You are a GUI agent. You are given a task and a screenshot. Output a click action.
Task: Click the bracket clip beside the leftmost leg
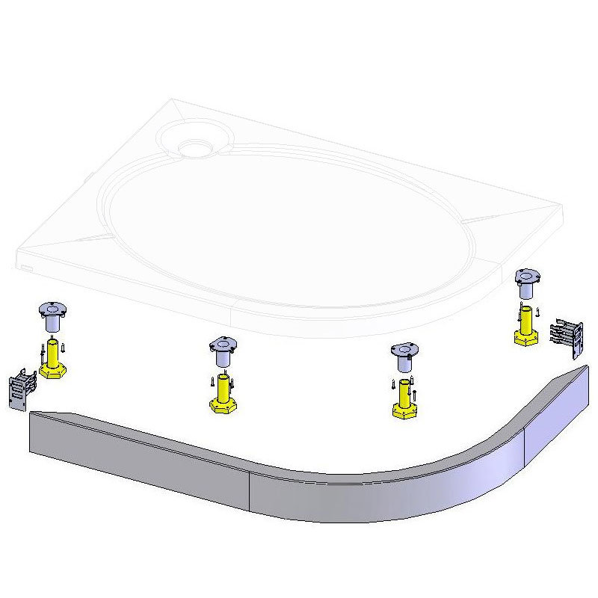point(22,389)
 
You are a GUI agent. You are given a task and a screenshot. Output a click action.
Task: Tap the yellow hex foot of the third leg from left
point(404,410)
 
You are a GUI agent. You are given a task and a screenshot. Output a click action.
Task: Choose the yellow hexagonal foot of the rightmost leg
point(528,336)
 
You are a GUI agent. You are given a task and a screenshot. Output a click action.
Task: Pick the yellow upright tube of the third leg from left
point(404,392)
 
